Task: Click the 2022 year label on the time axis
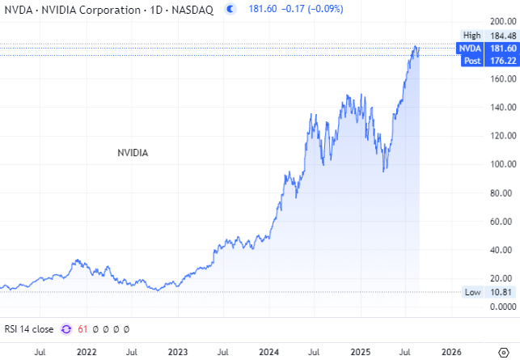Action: (x=86, y=352)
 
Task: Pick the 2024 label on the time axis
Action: (x=269, y=352)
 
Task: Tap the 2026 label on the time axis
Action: (x=452, y=352)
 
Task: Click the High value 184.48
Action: (x=498, y=35)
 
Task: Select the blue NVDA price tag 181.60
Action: (x=498, y=49)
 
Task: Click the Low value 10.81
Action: (x=498, y=292)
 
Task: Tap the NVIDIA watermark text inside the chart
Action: (x=133, y=151)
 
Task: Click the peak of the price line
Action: (x=416, y=47)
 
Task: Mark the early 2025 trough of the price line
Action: (x=385, y=170)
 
